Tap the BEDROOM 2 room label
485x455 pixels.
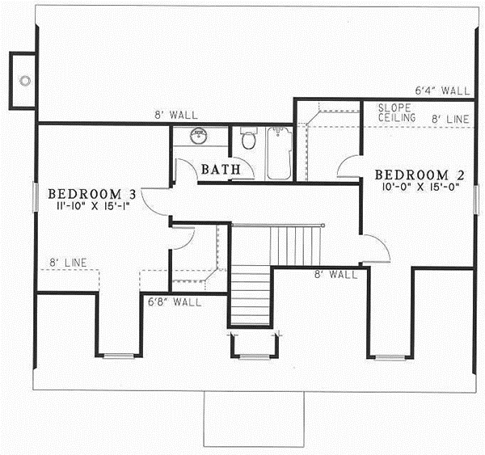[412, 175]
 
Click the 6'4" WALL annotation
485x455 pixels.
[441, 91]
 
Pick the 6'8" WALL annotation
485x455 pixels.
[174, 302]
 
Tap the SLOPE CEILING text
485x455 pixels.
[397, 112]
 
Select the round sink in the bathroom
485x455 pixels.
[196, 136]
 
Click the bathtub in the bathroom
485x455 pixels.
[279, 152]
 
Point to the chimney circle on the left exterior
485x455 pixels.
[24, 80]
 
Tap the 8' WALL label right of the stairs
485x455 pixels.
[335, 275]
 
